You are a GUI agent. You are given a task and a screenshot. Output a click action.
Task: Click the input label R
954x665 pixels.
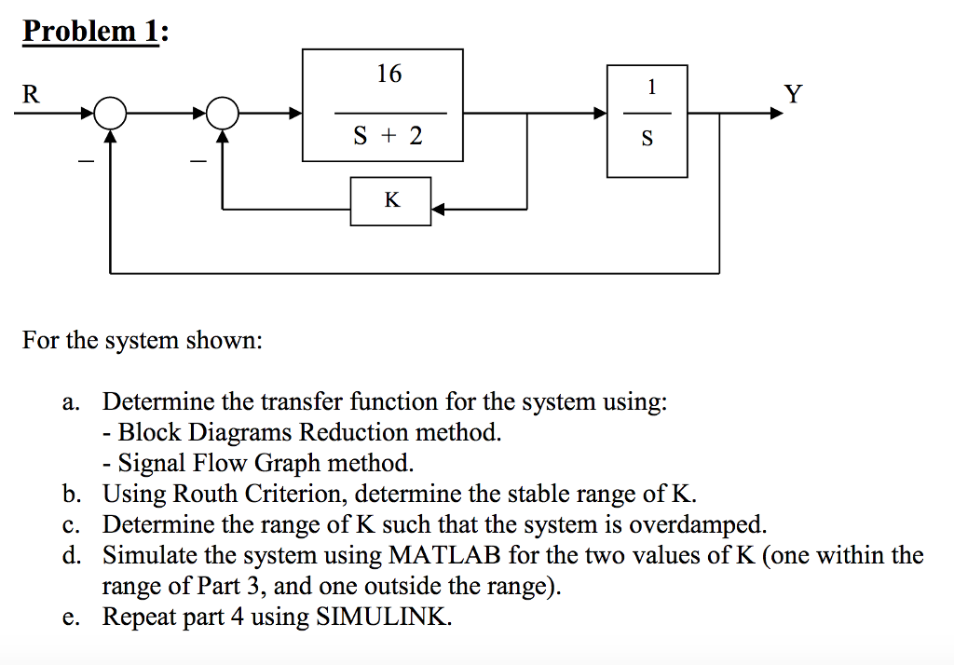tap(31, 94)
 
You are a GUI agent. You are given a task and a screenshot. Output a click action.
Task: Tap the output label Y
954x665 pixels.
tap(792, 94)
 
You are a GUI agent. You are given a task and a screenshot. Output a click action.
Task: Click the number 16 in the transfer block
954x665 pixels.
tap(388, 75)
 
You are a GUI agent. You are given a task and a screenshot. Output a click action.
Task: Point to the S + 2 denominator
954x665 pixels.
tap(388, 137)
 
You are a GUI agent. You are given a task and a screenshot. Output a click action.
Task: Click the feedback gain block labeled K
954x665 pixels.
tap(391, 200)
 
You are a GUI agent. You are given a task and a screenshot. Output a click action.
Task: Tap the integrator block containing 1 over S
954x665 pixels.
tap(647, 120)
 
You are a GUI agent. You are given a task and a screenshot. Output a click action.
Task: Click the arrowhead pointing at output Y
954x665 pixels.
tap(775, 114)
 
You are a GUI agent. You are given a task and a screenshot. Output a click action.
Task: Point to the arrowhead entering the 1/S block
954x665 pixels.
tap(600, 114)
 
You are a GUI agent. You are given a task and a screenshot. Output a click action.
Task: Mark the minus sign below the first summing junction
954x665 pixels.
tap(86, 163)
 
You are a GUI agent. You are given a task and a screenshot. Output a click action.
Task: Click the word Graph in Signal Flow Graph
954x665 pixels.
tap(288, 463)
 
